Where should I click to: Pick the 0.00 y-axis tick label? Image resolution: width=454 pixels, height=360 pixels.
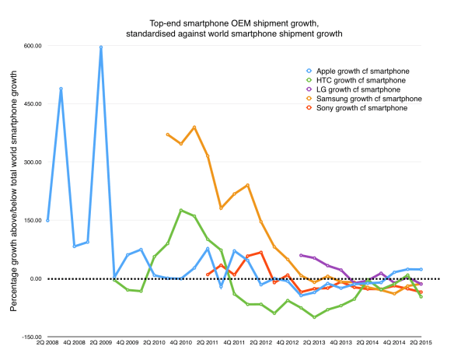[34, 278]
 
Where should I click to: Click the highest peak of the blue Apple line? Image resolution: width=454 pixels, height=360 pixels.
[101, 47]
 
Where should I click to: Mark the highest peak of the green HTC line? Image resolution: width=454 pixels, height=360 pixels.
[181, 210]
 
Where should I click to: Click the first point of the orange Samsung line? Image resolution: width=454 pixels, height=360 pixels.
[168, 135]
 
